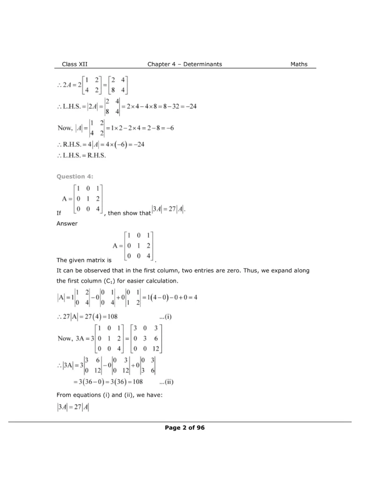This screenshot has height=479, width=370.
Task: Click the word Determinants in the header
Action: click(203, 64)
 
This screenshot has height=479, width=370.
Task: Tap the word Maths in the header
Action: click(298, 64)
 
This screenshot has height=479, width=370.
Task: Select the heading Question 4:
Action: click(75, 176)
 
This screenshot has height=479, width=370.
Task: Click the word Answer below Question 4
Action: click(66, 224)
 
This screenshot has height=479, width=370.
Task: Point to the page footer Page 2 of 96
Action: click(184, 428)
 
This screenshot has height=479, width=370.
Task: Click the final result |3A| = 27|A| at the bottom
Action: click(73, 407)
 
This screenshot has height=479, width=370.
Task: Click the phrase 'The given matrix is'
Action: click(83, 260)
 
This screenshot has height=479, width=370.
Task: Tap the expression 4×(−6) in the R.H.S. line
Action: click(119, 145)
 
